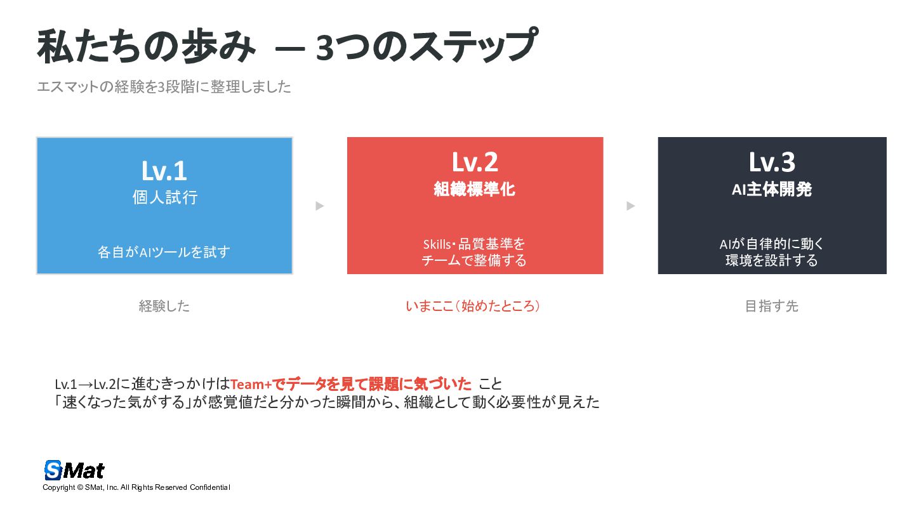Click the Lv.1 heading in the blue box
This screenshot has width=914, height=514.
164,171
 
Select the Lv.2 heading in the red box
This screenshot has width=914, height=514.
475,162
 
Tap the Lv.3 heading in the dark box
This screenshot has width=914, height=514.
772,162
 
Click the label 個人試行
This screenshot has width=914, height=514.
165,197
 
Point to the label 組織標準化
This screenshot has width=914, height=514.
475,189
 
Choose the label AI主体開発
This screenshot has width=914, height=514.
772,189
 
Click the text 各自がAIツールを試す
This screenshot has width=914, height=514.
164,252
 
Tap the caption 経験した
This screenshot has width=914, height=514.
164,306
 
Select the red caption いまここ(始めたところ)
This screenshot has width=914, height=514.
474,306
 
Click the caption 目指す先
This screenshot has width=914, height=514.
772,306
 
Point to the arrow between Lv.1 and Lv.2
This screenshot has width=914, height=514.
320,206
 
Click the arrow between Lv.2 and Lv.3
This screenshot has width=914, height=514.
630,206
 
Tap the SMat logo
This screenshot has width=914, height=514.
74,470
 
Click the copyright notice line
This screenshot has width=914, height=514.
136,487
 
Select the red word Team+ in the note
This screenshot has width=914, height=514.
251,384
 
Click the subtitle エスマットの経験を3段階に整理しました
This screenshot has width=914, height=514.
164,87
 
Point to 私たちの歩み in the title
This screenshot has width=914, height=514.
147,48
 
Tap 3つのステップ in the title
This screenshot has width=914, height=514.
426,48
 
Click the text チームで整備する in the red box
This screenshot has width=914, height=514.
474,260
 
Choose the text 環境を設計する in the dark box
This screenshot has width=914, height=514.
772,260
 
